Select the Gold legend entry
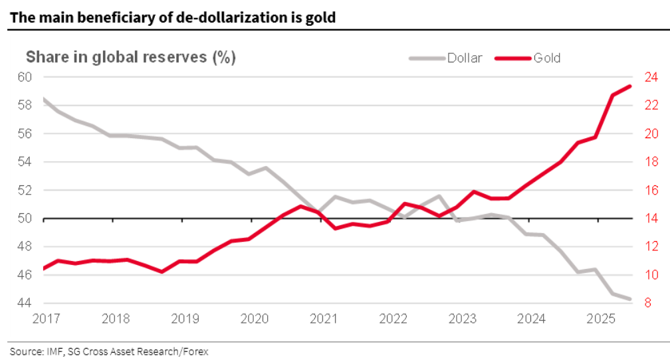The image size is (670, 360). click(x=546, y=58)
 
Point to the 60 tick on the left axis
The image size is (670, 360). click(x=25, y=76)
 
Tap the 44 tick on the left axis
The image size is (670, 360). click(x=25, y=303)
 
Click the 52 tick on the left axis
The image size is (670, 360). click(x=25, y=190)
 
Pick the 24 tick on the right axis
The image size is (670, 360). click(x=649, y=76)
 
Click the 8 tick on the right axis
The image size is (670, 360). click(x=646, y=303)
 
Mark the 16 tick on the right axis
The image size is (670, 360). click(x=649, y=190)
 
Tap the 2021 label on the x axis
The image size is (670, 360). click(x=324, y=318)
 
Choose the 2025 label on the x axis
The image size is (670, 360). click(x=601, y=318)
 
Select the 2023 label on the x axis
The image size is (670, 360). click(x=463, y=318)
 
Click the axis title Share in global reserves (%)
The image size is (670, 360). click(x=130, y=57)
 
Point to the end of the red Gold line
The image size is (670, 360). click(x=630, y=86)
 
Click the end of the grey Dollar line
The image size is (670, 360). click(x=630, y=299)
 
